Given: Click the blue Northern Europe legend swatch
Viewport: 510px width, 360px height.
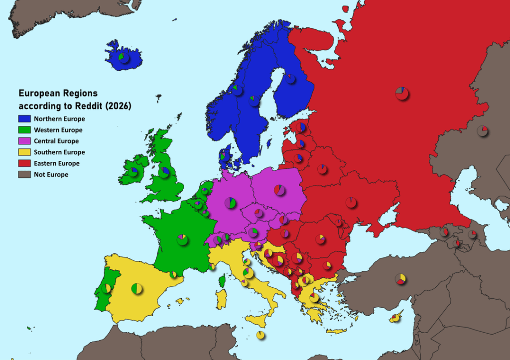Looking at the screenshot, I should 24,119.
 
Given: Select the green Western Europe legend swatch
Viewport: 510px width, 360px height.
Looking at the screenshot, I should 24,130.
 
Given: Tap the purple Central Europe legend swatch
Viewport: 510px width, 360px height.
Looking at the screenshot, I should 24,141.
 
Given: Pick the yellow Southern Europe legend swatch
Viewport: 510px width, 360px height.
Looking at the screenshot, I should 24,152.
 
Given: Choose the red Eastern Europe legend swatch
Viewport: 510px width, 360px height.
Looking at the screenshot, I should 24,163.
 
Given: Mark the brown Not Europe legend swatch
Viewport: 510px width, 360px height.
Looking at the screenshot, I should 24,174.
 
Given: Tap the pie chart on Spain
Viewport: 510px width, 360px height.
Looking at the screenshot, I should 136,288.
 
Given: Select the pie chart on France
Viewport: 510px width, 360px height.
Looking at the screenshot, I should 182,240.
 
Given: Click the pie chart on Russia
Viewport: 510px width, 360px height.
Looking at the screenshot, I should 401,93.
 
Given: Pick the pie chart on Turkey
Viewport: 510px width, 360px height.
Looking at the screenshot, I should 400,279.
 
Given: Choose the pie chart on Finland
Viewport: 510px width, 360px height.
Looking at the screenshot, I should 290,79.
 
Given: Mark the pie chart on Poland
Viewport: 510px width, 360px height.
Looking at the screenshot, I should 279,190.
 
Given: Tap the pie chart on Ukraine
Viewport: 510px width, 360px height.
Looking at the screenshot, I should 351,202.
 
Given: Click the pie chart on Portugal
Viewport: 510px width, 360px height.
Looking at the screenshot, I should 106,288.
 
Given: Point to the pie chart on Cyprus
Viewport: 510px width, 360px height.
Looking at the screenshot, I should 395,317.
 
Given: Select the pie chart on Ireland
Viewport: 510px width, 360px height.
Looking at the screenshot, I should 133,171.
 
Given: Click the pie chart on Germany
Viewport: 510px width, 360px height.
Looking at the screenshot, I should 230,203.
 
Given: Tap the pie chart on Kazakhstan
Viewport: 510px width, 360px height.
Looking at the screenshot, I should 482,130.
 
